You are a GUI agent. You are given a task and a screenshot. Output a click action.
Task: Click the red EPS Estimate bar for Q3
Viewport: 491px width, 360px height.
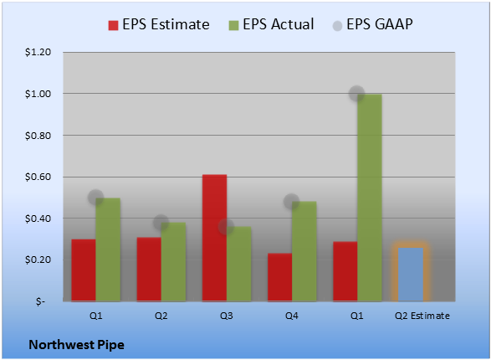[214, 238]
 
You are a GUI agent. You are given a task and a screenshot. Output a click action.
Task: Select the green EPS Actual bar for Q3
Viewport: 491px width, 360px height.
[239, 264]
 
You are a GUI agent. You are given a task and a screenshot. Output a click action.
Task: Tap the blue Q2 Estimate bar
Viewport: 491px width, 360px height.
[411, 275]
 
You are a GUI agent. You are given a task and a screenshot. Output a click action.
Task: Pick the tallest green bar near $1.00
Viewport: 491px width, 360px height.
[370, 198]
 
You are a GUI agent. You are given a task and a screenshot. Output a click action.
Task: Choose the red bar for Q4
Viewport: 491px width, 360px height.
[280, 277]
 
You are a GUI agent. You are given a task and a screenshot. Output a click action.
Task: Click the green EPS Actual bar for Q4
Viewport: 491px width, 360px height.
[304, 251]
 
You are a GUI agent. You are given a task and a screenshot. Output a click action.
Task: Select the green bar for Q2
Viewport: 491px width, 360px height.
[173, 262]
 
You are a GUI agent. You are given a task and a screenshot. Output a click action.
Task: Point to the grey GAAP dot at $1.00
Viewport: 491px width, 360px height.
[357, 94]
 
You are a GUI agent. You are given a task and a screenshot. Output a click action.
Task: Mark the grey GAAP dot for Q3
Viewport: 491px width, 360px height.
[226, 226]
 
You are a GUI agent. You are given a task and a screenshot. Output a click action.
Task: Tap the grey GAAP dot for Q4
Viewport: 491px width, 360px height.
[292, 201]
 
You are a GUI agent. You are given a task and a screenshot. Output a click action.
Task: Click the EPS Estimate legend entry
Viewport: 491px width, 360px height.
[159, 24]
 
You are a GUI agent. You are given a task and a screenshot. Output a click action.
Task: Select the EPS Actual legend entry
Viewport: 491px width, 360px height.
[271, 24]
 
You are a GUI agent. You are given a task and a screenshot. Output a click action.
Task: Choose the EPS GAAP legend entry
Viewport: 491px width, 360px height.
[372, 24]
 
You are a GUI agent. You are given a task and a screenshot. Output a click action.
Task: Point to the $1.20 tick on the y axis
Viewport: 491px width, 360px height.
[38, 52]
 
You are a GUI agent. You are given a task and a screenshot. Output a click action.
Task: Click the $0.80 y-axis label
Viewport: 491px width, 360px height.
[38, 136]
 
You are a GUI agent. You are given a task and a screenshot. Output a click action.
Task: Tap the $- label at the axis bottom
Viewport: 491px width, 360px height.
[41, 301]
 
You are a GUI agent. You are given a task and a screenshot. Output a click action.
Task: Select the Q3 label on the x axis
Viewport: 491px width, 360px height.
[227, 316]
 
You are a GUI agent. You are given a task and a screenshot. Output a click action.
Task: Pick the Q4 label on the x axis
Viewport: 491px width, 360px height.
[292, 316]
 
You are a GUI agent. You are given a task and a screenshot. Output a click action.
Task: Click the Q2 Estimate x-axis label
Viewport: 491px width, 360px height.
[422, 316]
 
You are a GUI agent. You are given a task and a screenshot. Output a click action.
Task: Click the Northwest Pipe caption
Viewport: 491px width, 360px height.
[77, 345]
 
